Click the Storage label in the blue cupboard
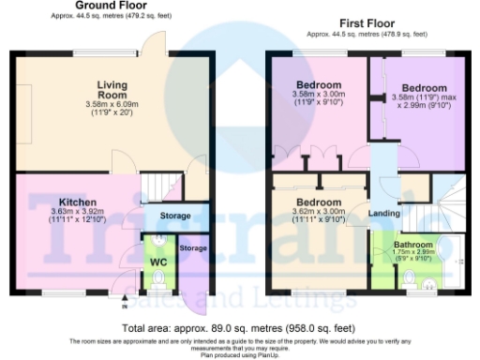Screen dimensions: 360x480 pos(175,216)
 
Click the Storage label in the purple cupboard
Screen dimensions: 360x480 pos(193,247)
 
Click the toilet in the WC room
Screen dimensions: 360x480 pos(157,279)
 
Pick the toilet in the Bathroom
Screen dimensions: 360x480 pos(410,277)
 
